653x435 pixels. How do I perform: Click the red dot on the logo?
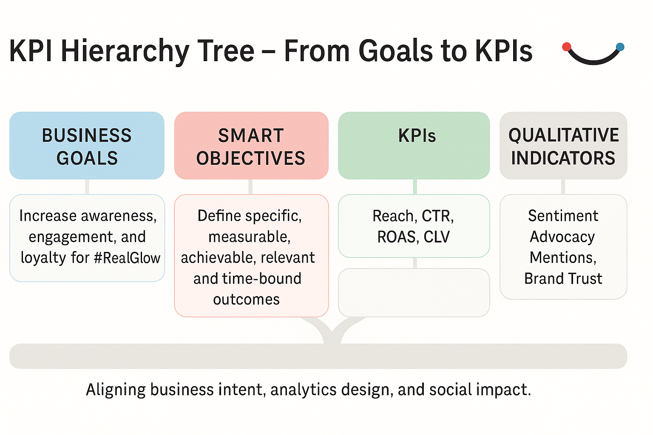566,47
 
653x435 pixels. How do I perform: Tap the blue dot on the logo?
620,47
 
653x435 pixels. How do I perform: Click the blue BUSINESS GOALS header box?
87,145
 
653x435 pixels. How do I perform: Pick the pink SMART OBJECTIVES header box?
251,145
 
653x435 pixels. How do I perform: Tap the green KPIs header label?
417,136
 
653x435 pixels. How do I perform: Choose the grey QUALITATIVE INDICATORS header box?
563,145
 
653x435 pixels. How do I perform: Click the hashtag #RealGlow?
127,258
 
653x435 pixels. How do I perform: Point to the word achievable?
218,257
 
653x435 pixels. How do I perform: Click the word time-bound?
261,279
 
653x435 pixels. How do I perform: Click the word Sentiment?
563,216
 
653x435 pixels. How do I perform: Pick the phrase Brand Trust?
563,279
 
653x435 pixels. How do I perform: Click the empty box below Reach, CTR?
414,293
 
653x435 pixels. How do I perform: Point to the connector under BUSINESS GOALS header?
87,187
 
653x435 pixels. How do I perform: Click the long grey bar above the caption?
318,356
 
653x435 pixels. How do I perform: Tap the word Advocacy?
562,237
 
